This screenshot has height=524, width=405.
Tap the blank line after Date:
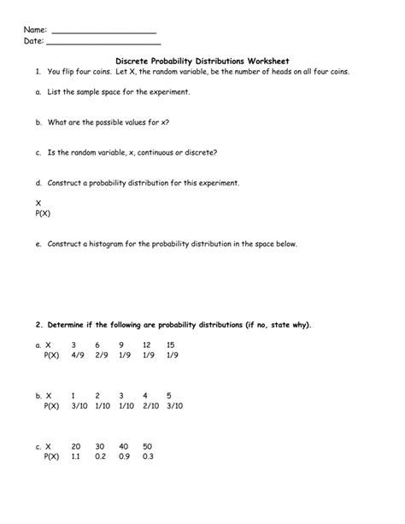[x=103, y=42]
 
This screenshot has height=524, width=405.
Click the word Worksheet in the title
[x=265, y=62]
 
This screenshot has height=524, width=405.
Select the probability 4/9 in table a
[x=78, y=354]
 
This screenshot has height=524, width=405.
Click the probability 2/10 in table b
[x=150, y=406]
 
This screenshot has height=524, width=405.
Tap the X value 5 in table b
[x=169, y=396]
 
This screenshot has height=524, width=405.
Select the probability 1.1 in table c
[x=76, y=457]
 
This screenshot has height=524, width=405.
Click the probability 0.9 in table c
[x=124, y=457]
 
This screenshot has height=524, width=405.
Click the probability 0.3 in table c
[x=148, y=457]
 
